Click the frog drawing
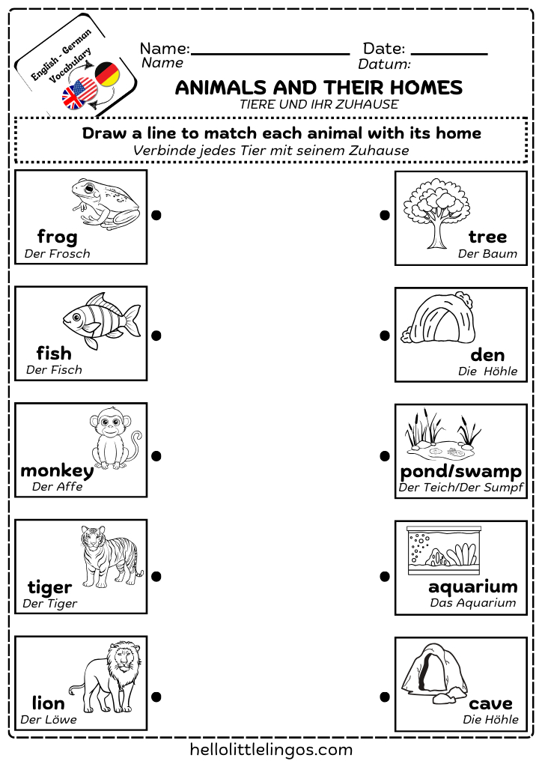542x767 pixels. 106,202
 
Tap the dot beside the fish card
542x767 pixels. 156,336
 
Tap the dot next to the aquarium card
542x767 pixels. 385,576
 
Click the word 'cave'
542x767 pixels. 490,703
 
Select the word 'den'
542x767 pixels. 487,354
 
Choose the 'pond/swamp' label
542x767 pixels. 460,471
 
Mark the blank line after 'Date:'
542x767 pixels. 449,53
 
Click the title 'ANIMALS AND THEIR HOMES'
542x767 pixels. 319,88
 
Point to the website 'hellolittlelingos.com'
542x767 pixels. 271,749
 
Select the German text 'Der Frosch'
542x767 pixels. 57,254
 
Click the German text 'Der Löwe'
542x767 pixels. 49,720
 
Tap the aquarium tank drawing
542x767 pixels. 442,550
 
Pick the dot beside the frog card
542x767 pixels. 156,215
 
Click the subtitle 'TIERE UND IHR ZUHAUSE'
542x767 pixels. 319,105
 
